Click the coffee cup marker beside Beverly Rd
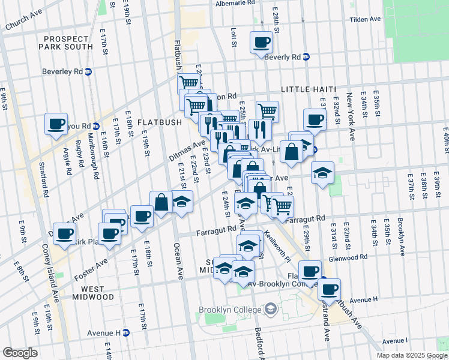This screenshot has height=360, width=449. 262,43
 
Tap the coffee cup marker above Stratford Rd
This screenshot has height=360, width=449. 56,124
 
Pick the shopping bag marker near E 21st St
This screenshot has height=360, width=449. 161,202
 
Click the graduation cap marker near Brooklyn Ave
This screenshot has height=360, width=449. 322,173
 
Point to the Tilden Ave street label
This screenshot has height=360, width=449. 366,19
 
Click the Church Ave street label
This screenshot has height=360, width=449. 24,22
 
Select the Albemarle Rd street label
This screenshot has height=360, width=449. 236,3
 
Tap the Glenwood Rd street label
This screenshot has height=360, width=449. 348,257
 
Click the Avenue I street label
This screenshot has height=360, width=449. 391,341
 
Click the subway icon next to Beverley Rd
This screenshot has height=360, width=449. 89,71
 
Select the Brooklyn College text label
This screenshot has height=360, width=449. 232,310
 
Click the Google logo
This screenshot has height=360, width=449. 20,353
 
